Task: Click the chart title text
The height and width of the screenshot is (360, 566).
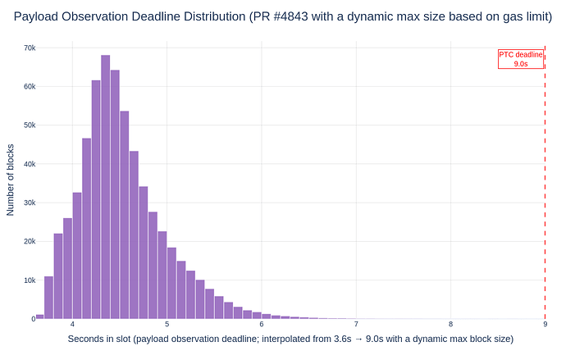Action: point(283,16)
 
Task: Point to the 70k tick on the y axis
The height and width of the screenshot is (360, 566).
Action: point(28,48)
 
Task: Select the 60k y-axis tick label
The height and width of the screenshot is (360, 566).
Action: point(28,86)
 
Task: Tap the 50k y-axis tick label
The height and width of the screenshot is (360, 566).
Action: point(28,125)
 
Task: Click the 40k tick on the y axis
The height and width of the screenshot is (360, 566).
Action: point(28,164)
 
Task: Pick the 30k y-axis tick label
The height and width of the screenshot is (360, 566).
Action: point(28,203)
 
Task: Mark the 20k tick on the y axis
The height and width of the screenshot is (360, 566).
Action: point(28,241)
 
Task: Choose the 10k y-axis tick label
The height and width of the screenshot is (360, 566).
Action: point(28,280)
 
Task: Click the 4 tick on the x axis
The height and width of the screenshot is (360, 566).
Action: point(73,325)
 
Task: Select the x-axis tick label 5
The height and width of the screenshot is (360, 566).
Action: point(167,325)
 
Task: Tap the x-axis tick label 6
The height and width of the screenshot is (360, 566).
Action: point(262,325)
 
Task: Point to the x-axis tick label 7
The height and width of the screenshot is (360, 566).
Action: point(356,325)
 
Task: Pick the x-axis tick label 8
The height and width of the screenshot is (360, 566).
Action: point(450,325)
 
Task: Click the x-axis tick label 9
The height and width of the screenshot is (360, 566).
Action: point(545,325)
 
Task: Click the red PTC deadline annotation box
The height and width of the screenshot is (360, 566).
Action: point(520,59)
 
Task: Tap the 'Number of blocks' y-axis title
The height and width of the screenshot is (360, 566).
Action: point(11,183)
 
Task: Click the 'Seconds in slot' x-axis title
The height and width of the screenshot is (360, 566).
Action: point(290,339)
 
